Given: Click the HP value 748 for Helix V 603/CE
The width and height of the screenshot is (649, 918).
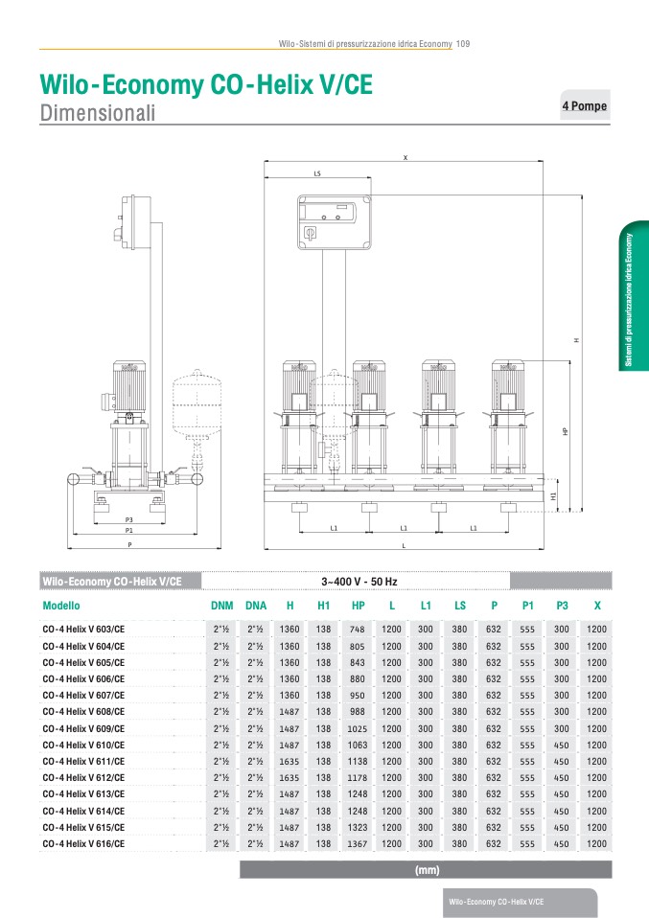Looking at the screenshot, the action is click(x=357, y=630).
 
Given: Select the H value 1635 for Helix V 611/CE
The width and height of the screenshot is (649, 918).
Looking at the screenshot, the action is click(x=289, y=762).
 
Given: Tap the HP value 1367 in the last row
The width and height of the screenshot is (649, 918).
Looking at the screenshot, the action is click(x=357, y=844).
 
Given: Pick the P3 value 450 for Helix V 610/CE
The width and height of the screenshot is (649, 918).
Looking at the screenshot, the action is click(x=561, y=746).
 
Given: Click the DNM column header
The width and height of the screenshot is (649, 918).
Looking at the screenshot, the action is click(x=222, y=606).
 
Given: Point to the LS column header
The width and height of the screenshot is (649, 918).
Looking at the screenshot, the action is click(x=460, y=606).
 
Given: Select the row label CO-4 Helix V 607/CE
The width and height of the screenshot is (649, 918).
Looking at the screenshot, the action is click(x=83, y=696).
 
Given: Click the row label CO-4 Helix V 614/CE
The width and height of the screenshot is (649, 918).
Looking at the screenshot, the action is click(x=83, y=812).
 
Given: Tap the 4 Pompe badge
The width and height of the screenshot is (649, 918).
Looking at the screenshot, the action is click(x=585, y=106).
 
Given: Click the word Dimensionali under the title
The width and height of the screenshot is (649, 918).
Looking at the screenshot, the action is click(x=98, y=112).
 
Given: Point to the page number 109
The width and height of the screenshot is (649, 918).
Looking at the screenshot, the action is click(x=463, y=44).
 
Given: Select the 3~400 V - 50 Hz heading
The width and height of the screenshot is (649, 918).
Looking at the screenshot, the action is click(x=359, y=582).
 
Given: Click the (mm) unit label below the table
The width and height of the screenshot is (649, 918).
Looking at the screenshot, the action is click(x=427, y=870).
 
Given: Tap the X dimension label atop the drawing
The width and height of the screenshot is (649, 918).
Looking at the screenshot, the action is click(x=405, y=157).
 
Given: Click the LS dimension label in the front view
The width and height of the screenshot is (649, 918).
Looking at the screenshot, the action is click(x=317, y=173).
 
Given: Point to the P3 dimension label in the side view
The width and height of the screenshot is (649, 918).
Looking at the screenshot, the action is click(x=128, y=520).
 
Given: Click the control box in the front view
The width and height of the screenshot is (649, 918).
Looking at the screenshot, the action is click(x=335, y=222).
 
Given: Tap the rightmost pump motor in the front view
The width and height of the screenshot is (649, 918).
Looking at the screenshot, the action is click(x=507, y=387).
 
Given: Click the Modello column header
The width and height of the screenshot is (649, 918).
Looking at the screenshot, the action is click(x=61, y=606).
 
